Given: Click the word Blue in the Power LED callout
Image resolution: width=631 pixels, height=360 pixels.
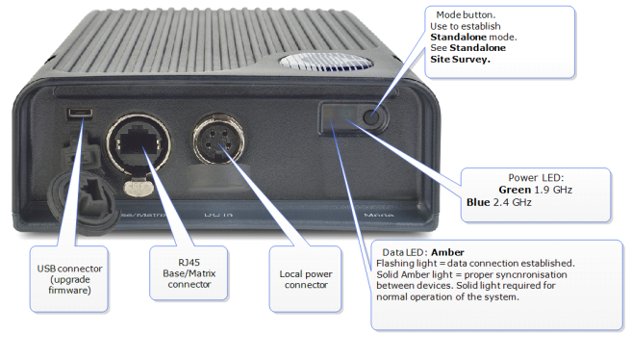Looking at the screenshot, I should coord(477,203).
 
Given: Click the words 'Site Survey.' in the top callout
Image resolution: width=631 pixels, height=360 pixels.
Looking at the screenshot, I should coord(459,58).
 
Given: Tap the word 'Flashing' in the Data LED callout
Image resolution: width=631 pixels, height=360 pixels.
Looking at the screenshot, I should coord(397,263).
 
